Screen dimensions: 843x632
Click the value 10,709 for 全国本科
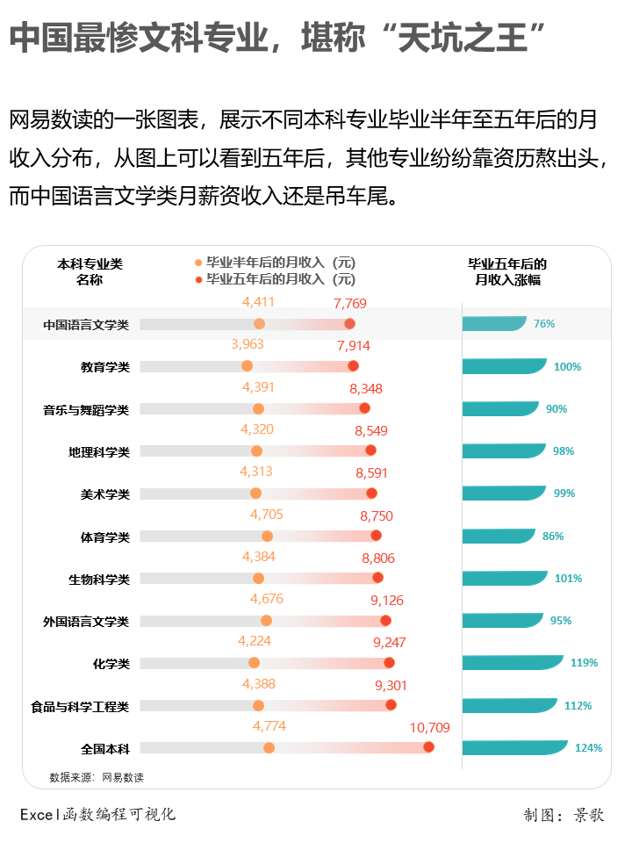pyautogui.click(x=429, y=727)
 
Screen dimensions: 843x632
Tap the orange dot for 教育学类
pyautogui.click(x=247, y=366)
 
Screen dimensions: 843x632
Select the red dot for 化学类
pyautogui.click(x=389, y=663)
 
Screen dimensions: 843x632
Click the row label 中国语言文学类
pyautogui.click(x=86, y=325)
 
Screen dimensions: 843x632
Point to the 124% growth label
pyautogui.click(x=588, y=748)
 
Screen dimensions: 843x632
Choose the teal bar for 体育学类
pyautogui.click(x=498, y=536)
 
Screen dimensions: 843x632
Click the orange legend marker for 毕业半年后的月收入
pyautogui.click(x=198, y=263)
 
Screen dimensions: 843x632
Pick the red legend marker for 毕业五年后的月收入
pyautogui.click(x=198, y=279)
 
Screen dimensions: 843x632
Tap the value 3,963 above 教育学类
pyautogui.click(x=248, y=344)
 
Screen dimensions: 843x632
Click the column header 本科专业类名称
pyautogui.click(x=90, y=271)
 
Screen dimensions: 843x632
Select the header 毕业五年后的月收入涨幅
pyautogui.click(x=507, y=271)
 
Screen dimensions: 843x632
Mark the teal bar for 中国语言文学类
pyautogui.click(x=493, y=324)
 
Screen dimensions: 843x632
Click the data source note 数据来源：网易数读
pyautogui.click(x=97, y=777)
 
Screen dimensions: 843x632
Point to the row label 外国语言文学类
pyautogui.click(x=86, y=622)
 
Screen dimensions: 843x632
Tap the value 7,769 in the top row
pyautogui.click(x=350, y=304)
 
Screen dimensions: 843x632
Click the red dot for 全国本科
pyautogui.click(x=428, y=747)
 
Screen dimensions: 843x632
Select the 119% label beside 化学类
pyautogui.click(x=584, y=663)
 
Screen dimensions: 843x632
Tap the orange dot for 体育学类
pyautogui.click(x=267, y=536)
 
